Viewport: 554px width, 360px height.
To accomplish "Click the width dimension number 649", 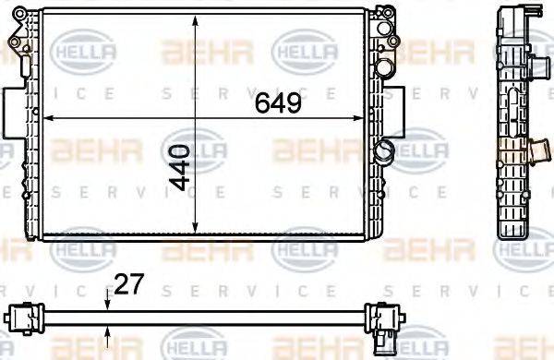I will click(x=278, y=103).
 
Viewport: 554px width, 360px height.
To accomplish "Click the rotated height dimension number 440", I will click(x=181, y=167).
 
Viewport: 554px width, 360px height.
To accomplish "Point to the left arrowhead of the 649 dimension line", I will click(x=49, y=118).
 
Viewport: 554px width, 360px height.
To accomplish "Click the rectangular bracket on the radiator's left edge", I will click(x=11, y=112).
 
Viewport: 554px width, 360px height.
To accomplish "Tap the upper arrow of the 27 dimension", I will click(x=109, y=300).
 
